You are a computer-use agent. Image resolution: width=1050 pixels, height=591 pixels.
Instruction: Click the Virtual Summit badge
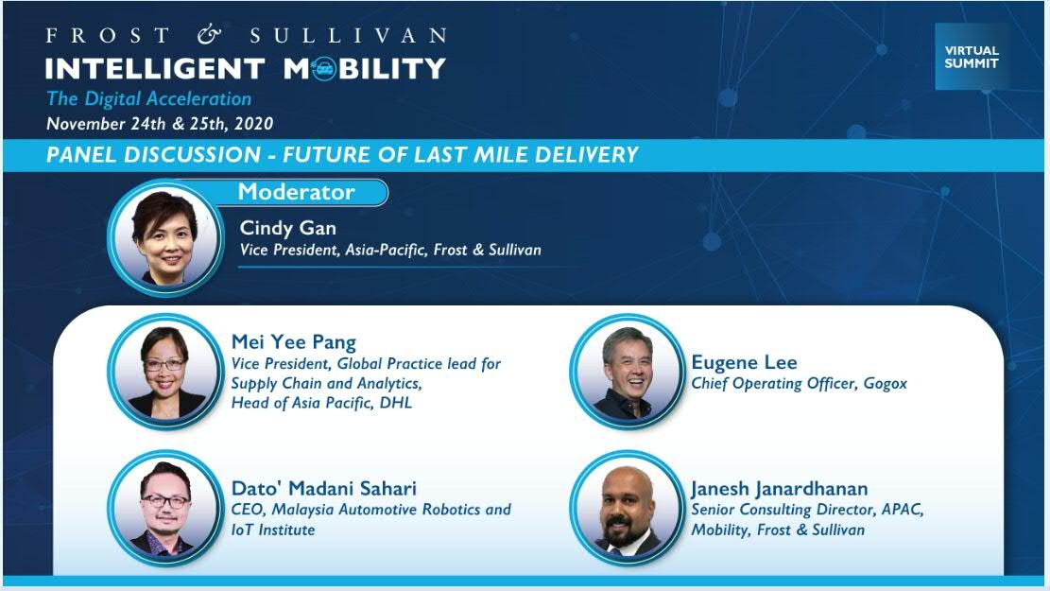972,57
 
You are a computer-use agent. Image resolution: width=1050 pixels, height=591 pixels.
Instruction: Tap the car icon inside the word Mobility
323,68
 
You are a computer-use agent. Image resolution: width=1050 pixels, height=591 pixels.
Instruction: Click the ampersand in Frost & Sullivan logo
209,35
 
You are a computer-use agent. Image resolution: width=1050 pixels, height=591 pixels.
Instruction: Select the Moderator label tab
297,192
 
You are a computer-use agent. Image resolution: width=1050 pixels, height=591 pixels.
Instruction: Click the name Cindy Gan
288,229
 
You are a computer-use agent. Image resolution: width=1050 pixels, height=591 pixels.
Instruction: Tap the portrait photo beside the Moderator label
165,238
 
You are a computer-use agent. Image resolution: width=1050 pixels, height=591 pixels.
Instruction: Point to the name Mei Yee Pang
293,342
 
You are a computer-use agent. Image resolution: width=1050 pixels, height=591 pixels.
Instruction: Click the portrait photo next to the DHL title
165,372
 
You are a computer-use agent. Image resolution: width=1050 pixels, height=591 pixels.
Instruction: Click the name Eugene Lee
744,362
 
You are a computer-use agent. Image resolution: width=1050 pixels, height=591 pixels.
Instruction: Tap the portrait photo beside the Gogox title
628,373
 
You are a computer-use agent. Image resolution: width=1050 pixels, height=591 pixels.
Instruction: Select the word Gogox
886,384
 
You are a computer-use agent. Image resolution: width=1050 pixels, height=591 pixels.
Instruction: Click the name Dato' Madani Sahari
323,488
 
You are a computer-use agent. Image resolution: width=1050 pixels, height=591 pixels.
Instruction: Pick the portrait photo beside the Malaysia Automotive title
165,509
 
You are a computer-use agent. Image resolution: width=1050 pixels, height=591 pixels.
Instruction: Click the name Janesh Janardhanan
780,489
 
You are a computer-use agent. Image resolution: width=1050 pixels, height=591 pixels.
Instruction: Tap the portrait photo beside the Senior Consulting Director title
628,509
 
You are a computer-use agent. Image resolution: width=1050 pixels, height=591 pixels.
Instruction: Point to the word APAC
903,510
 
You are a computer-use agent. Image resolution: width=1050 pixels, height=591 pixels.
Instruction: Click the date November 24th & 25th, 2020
160,124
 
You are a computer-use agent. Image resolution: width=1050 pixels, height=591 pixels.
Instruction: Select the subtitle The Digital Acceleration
148,99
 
